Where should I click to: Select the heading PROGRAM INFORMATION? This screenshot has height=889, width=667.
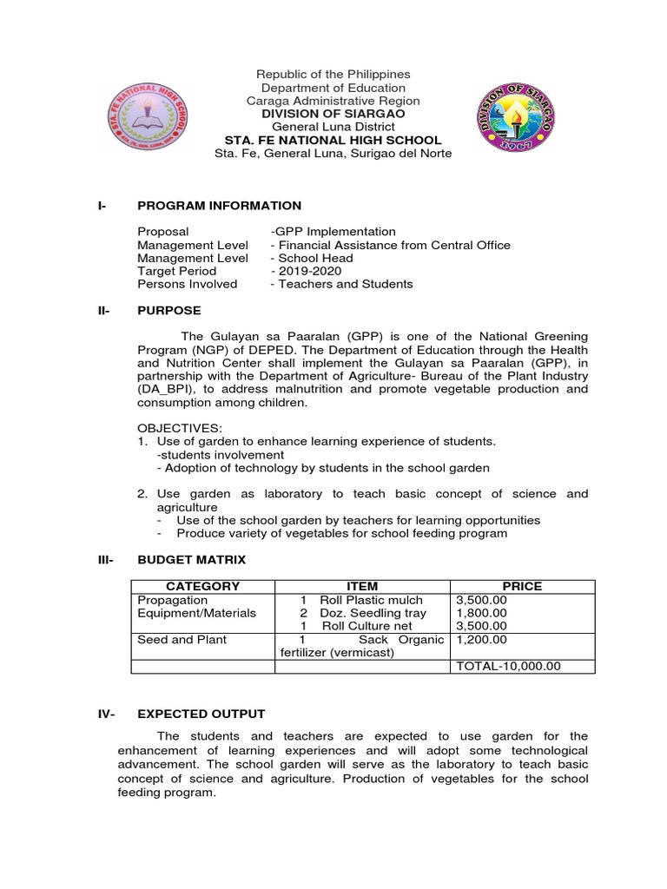(219, 206)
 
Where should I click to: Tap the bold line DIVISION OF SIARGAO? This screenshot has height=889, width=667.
(333, 114)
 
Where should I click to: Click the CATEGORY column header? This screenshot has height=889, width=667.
(202, 586)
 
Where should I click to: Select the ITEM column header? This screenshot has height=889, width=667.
(361, 586)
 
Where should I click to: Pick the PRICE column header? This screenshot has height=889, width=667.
(521, 586)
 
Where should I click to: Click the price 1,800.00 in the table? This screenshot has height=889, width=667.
(480, 613)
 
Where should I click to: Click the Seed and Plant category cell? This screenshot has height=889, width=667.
(182, 640)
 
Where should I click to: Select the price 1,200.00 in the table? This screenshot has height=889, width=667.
(480, 640)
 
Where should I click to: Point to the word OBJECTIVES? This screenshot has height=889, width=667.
(180, 428)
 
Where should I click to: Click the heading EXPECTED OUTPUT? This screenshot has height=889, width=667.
(201, 714)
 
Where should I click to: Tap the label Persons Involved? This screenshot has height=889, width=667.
(187, 284)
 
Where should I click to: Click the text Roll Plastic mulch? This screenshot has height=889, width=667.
(371, 600)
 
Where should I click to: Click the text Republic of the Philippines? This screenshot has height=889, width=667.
(333, 75)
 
